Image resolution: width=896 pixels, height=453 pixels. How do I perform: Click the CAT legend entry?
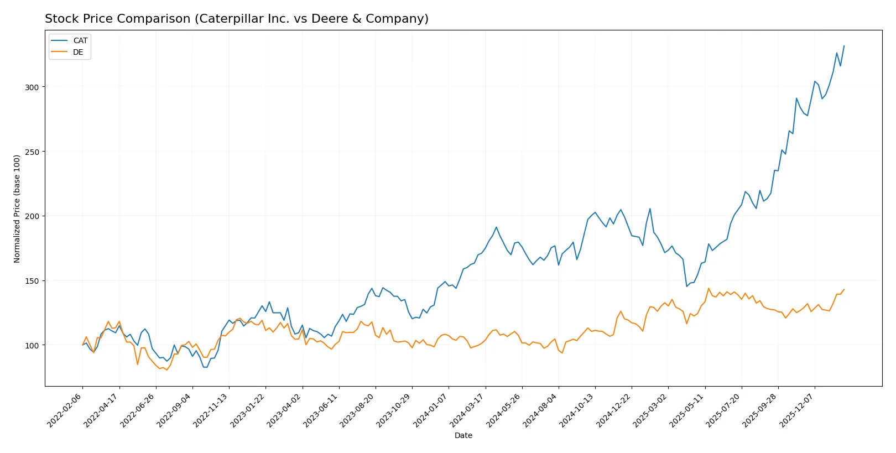80,40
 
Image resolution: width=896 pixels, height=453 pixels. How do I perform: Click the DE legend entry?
78,52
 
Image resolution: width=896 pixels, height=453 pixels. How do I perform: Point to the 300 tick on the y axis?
32,87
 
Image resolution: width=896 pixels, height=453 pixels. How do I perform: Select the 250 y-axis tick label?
32,152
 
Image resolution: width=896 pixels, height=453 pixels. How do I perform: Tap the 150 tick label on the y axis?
32,281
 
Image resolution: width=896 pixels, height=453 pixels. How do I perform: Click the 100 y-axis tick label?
32,345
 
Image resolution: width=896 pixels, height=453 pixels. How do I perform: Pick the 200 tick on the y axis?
32,216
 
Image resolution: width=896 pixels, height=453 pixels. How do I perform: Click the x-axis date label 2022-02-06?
65,410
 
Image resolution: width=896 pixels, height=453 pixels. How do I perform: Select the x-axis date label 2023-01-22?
248,410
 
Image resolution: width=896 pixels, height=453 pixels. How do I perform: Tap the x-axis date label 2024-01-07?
431,410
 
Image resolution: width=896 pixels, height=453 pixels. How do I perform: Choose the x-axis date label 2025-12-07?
797,410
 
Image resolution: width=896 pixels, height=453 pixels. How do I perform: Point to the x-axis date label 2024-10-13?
577,410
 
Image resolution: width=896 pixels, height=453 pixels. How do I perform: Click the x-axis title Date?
463,435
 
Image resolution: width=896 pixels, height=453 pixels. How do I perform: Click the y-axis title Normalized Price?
17,209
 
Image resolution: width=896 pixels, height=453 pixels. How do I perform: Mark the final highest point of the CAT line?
844,46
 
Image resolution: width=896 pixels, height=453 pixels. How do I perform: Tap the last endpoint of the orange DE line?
844,289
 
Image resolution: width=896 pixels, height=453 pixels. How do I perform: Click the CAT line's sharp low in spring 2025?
686,286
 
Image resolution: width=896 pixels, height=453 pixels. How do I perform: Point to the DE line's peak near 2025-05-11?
709,288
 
